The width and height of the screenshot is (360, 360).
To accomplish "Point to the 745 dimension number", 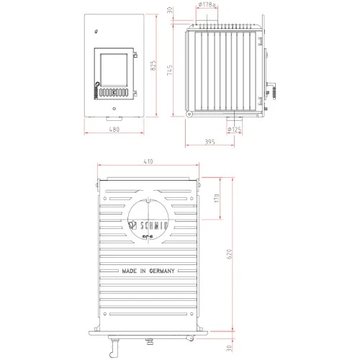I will tap(170, 69).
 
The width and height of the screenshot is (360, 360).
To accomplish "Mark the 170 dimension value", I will tap(217, 199).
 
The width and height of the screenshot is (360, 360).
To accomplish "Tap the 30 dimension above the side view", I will tap(170, 10).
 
